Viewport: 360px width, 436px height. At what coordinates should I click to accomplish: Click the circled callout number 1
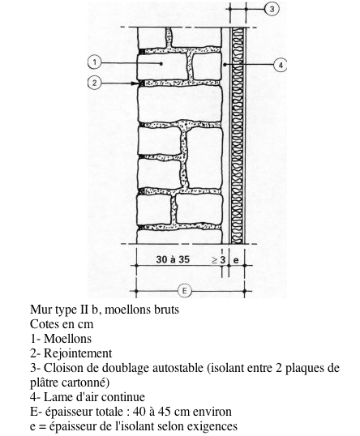95,62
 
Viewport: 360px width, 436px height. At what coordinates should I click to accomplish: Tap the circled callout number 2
95,83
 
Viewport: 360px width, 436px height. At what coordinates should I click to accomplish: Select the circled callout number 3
272,9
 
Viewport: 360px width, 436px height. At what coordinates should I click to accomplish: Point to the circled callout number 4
281,65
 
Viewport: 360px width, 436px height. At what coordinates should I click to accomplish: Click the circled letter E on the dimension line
184,291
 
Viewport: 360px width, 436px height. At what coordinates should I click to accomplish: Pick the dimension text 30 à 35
173,259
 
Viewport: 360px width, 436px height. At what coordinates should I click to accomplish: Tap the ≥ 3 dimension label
219,259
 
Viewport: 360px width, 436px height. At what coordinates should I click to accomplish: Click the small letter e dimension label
236,260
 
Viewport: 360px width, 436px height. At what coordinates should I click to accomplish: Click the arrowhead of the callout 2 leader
135,83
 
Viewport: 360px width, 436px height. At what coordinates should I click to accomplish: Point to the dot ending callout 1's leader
161,64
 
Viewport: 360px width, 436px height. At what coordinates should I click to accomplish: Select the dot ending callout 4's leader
225,65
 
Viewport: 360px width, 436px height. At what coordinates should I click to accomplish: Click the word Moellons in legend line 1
67,339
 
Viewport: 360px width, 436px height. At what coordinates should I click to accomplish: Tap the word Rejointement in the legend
78,353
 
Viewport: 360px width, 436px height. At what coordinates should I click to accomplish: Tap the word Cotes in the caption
45,324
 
